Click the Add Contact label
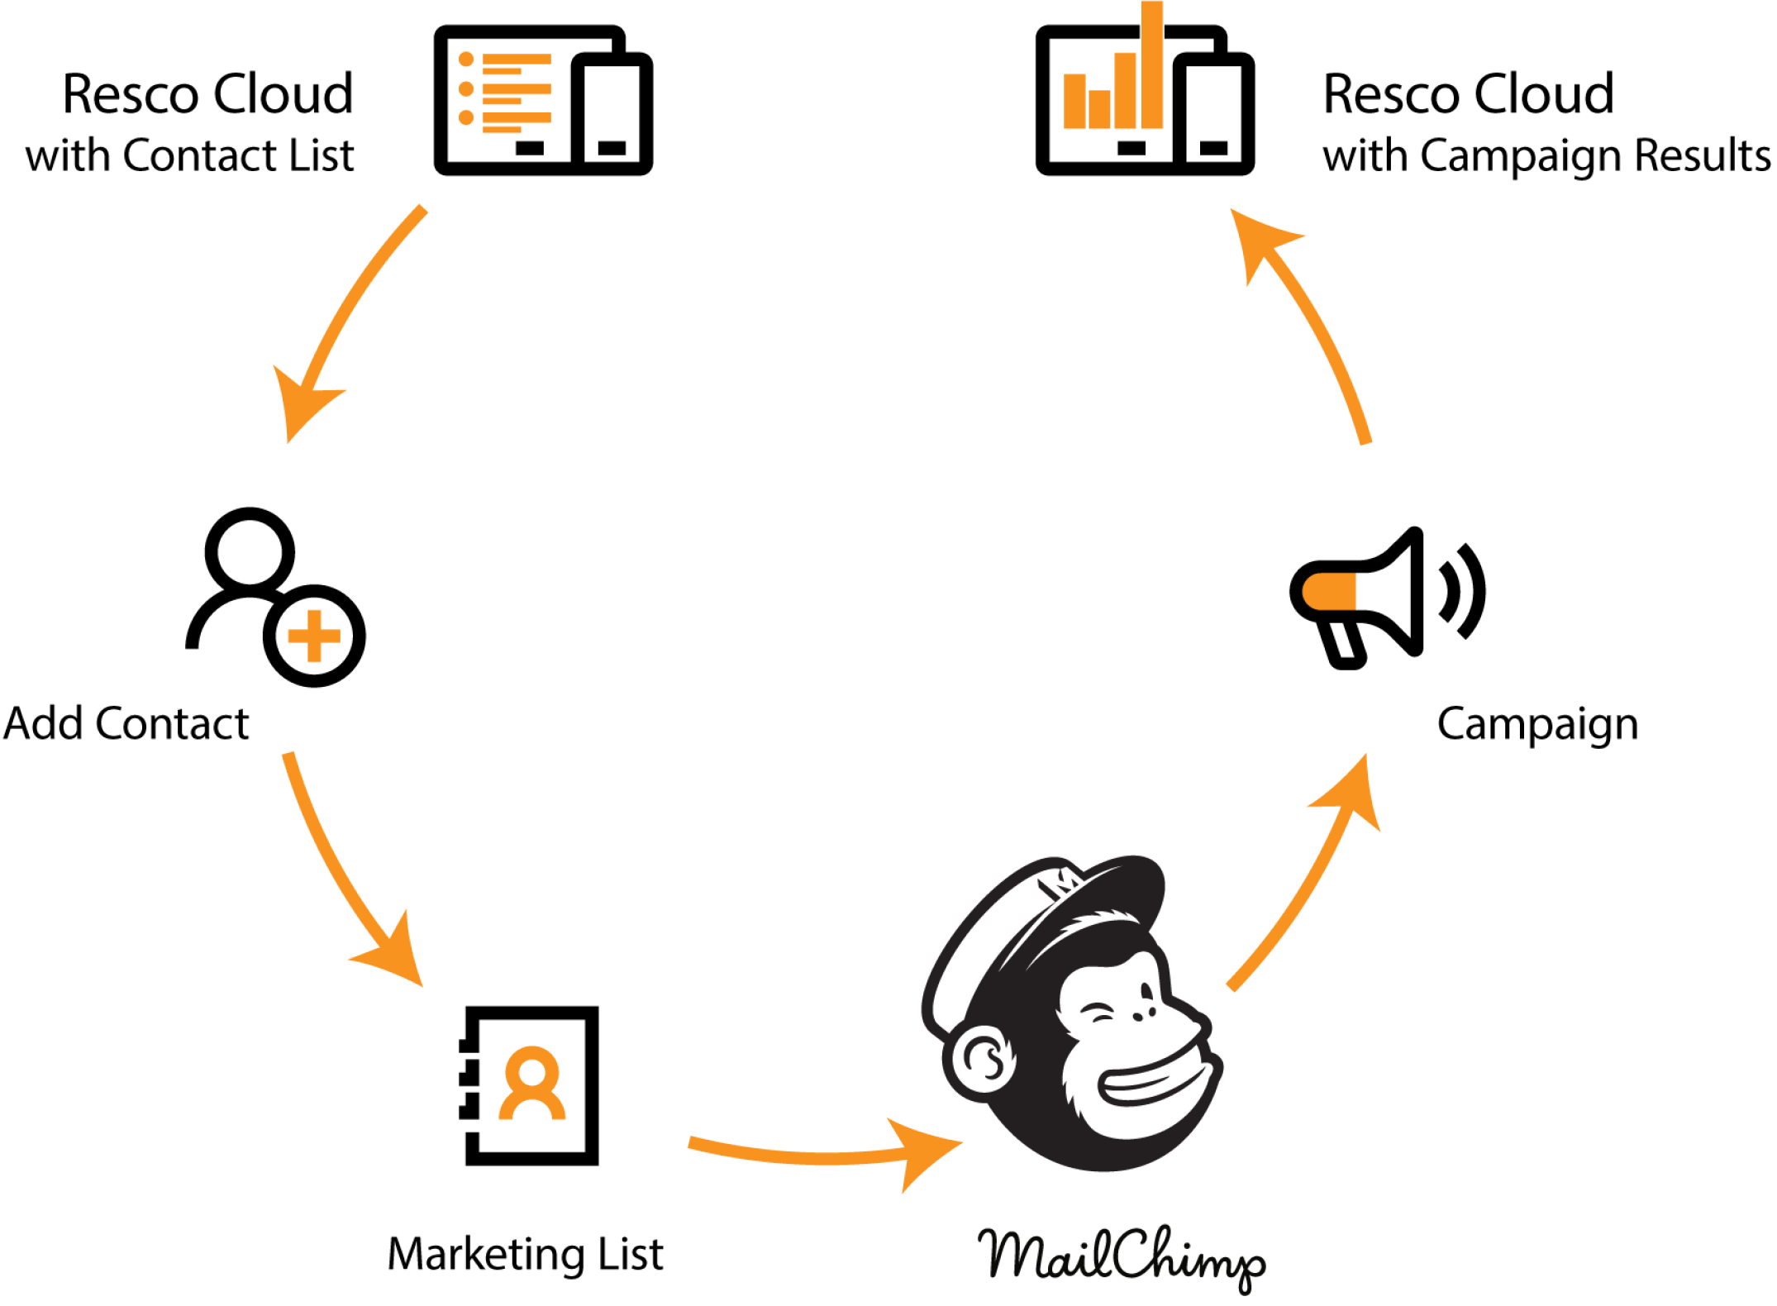tap(126, 724)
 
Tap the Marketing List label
tap(525, 1254)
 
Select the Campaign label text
tap(1536, 725)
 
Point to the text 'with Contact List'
tap(189, 155)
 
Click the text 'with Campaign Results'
tap(1546, 155)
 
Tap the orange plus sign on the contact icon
tap(313, 636)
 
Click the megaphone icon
tap(1372, 595)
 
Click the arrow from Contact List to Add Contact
tap(347, 314)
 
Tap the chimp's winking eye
tap(1100, 1013)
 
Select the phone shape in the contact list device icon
tap(612, 112)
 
